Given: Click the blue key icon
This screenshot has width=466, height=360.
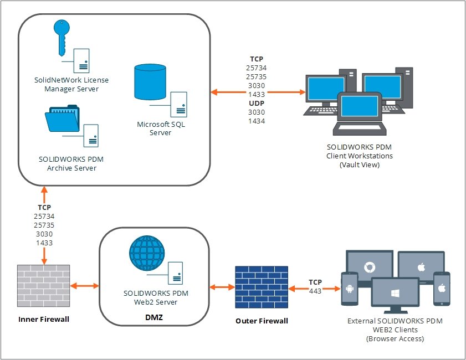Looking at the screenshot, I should click(x=62, y=36).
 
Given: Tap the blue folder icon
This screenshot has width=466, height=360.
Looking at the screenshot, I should click(x=62, y=117).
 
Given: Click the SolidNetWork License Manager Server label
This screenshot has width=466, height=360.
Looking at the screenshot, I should click(x=71, y=84).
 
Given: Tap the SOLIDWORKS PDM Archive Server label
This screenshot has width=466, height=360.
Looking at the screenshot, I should click(x=71, y=163).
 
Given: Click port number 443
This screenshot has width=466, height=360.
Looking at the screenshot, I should click(x=315, y=290).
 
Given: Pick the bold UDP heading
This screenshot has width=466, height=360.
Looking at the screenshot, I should click(x=256, y=102).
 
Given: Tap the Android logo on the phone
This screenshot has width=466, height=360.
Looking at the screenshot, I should click(x=350, y=288).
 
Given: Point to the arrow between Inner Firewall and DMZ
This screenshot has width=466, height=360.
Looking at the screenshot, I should click(x=85, y=286).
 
